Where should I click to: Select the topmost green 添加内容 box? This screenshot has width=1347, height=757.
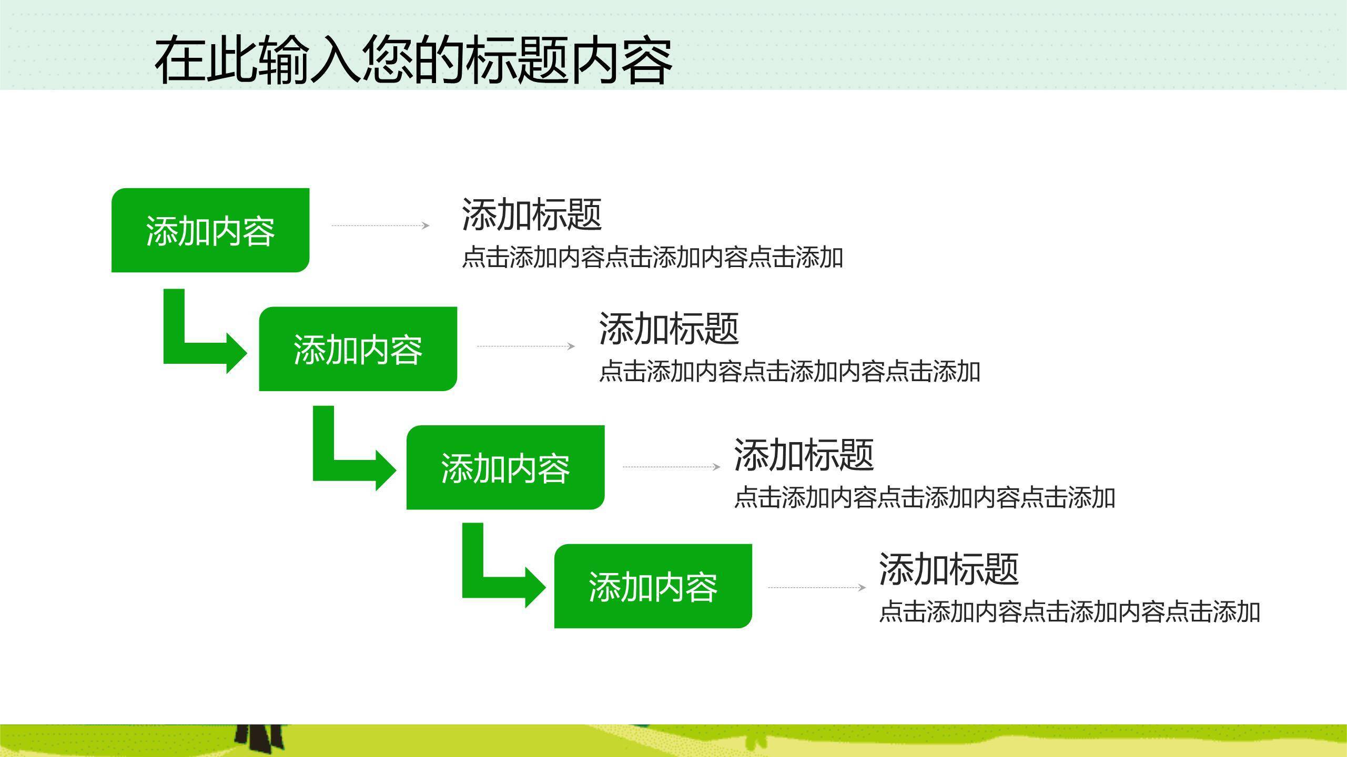click(210, 230)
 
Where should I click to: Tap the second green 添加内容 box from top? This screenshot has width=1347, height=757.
click(358, 349)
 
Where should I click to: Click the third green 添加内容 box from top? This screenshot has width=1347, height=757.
click(505, 468)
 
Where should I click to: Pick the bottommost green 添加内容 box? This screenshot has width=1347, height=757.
click(653, 586)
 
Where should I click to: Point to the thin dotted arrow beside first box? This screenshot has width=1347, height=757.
click(380, 226)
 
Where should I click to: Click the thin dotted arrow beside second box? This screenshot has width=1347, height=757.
click(525, 346)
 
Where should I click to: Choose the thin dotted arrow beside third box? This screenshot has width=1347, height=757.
click(671, 466)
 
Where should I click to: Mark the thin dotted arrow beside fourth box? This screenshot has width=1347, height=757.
click(816, 587)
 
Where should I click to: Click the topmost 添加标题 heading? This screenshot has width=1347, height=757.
click(531, 214)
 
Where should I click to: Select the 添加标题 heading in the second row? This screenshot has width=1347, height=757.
click(669, 329)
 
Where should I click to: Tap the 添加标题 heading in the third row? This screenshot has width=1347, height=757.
click(804, 455)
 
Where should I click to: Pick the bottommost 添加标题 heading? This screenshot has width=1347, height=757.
click(949, 569)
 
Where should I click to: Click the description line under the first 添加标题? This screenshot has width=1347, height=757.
click(652, 258)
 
